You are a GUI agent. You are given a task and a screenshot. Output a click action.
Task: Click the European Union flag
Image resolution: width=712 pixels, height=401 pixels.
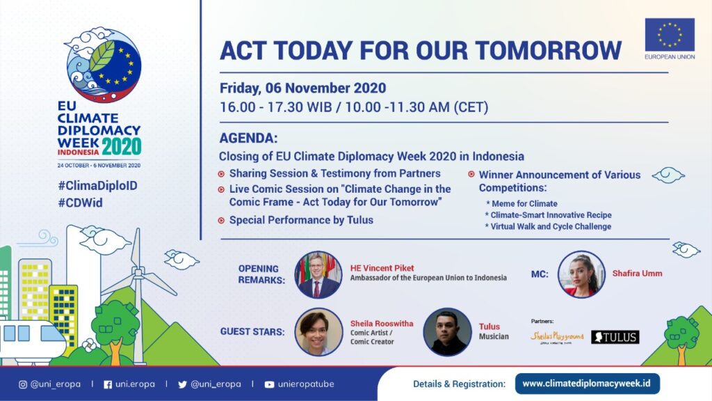point(670,35)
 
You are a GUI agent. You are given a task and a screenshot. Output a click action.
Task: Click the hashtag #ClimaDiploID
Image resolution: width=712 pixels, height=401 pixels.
point(97,185)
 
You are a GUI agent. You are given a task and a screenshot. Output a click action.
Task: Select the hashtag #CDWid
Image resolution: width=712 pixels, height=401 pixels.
point(81,203)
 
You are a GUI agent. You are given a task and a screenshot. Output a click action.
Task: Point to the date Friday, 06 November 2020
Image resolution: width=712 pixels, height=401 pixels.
point(303,88)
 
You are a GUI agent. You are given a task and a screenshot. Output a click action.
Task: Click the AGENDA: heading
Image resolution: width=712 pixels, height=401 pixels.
point(248,138)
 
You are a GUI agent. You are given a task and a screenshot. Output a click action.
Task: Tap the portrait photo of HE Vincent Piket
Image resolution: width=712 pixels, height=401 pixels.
point(318,274)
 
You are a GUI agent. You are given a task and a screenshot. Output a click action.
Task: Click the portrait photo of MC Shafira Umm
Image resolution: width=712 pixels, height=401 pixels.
point(581,274)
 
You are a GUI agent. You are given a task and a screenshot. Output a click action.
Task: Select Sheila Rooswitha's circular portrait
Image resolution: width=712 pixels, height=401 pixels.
point(318,332)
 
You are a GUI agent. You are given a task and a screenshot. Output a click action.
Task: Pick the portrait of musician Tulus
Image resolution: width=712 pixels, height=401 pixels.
point(447,332)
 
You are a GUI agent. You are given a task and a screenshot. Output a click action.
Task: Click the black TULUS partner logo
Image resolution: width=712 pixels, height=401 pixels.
point(615,337)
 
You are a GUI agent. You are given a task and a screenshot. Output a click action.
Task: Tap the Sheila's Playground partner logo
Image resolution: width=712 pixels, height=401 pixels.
point(557,338)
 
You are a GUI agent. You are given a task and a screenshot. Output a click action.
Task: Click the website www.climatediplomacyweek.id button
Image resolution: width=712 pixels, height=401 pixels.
point(587,384)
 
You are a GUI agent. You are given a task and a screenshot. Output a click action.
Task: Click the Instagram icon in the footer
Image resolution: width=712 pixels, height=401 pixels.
point(23,384)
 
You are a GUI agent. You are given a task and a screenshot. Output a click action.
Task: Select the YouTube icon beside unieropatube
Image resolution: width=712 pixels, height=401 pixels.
point(269,384)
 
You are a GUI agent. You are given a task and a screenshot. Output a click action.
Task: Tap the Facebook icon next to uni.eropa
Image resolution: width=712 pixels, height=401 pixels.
point(108,384)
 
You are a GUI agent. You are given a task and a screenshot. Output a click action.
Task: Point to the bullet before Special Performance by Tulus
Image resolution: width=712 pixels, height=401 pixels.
point(221,221)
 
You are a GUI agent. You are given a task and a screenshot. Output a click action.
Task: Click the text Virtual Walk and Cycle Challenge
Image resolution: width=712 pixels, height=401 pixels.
point(549,226)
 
